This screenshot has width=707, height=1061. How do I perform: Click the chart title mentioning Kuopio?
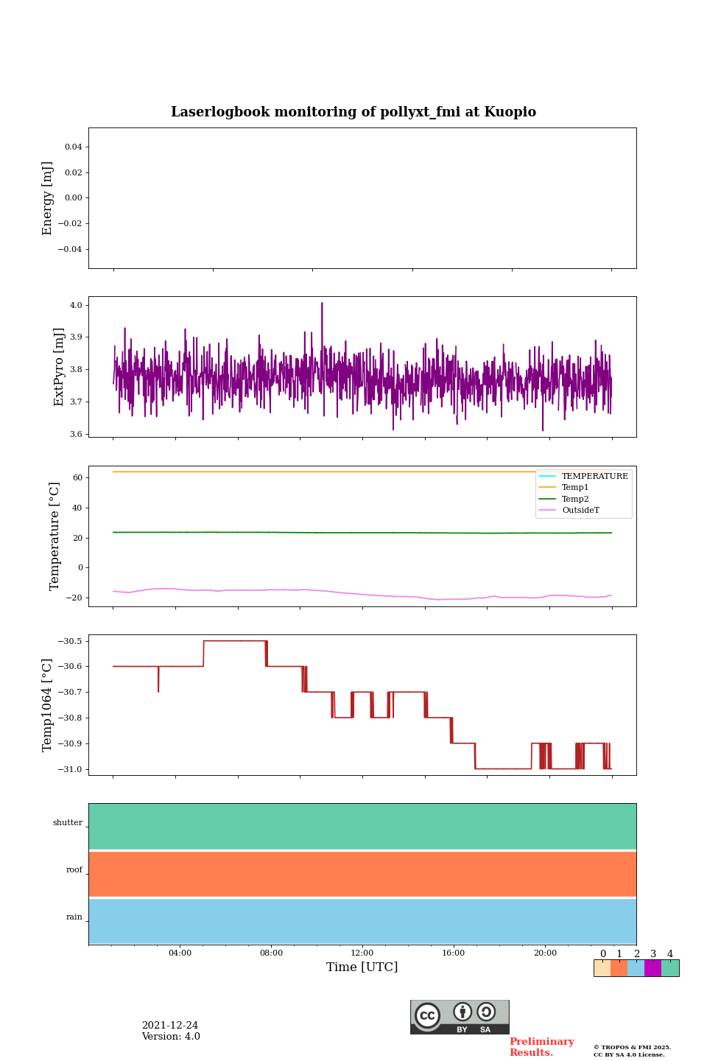(353, 112)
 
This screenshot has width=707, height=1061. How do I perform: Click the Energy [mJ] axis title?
(48, 198)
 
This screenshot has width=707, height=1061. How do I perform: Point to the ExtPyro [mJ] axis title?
(60, 367)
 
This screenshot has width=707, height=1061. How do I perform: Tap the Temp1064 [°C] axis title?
(48, 705)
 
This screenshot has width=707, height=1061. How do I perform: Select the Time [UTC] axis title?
(362, 967)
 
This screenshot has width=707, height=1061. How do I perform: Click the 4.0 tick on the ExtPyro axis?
(76, 305)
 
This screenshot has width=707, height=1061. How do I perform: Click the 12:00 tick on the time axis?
(362, 953)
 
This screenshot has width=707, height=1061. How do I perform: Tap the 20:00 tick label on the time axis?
(545, 953)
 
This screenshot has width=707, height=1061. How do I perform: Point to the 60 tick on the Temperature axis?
(77, 477)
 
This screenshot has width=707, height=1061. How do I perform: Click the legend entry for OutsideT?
(580, 510)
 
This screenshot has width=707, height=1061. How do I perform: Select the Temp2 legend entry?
(575, 499)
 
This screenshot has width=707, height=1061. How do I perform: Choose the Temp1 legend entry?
(575, 488)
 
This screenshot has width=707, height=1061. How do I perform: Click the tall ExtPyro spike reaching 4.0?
(322, 304)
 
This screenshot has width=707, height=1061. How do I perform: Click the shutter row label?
(68, 823)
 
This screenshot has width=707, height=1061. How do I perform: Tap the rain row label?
(74, 917)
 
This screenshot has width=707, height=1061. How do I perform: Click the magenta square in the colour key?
(653, 968)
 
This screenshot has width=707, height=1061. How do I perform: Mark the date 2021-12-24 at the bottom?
(170, 1026)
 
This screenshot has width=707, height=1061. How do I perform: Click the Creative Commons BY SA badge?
(460, 1017)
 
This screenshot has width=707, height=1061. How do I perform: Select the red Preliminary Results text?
(541, 1047)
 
